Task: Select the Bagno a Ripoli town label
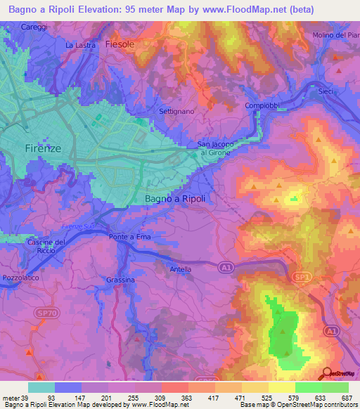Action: [175, 199]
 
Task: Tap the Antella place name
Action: [181, 268]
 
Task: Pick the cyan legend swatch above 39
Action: [41, 387]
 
